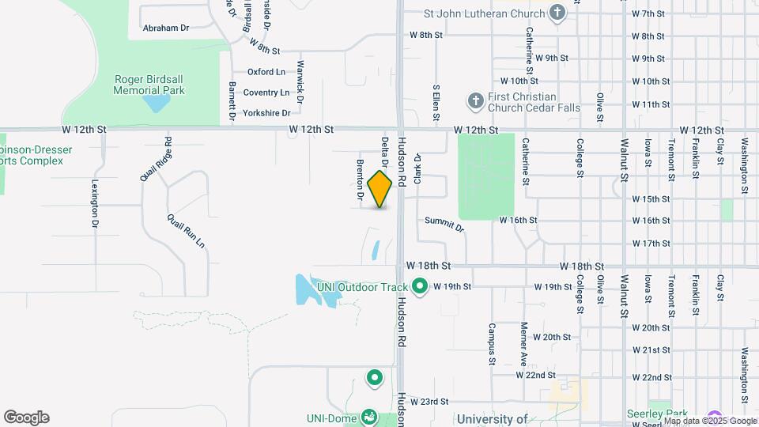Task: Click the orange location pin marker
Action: pos(380,188)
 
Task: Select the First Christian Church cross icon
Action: pos(475,100)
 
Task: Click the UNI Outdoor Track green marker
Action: pos(420,286)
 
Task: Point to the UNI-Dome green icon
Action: pos(368,416)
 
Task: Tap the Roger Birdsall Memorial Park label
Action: pos(149,85)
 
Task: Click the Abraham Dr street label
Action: pos(166,28)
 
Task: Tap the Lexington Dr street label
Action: pos(95,204)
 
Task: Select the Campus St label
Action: pos(492,338)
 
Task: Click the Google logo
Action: pos(26,418)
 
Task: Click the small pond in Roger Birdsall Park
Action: pos(157,103)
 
